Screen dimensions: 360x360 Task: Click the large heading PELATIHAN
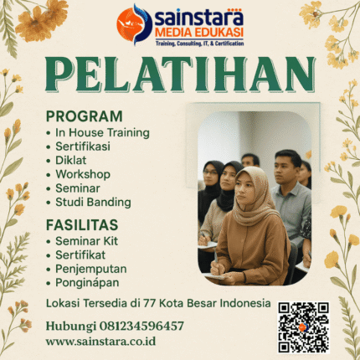point(180,76)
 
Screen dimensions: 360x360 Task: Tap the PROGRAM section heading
point(83,116)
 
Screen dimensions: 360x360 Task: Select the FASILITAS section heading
point(82,225)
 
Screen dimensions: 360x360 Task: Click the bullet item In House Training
point(103,132)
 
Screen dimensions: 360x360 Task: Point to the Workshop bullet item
point(83,174)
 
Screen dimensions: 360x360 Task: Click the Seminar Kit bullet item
point(90,242)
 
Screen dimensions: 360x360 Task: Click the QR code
point(302,327)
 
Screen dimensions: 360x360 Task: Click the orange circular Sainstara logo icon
point(134,23)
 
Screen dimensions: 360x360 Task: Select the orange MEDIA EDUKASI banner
point(198,32)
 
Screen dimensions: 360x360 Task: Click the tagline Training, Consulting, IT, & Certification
point(198,42)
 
